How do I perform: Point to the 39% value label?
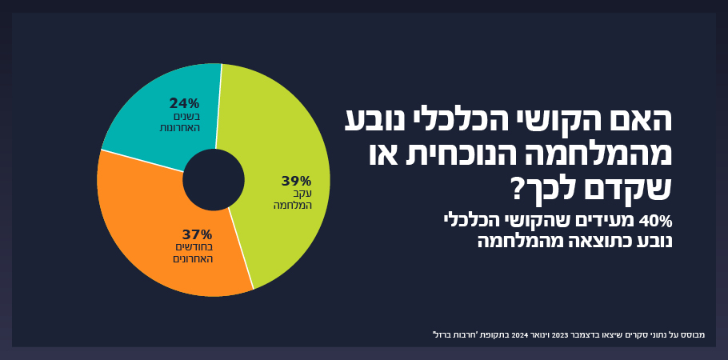[x=296, y=181]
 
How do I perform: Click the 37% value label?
[x=197, y=234]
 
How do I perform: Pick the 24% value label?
[x=184, y=103]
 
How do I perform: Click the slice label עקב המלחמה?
[x=293, y=199]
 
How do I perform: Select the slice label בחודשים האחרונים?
[x=194, y=253]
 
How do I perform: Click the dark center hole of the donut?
[x=214, y=180]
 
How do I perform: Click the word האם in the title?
[x=645, y=119]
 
